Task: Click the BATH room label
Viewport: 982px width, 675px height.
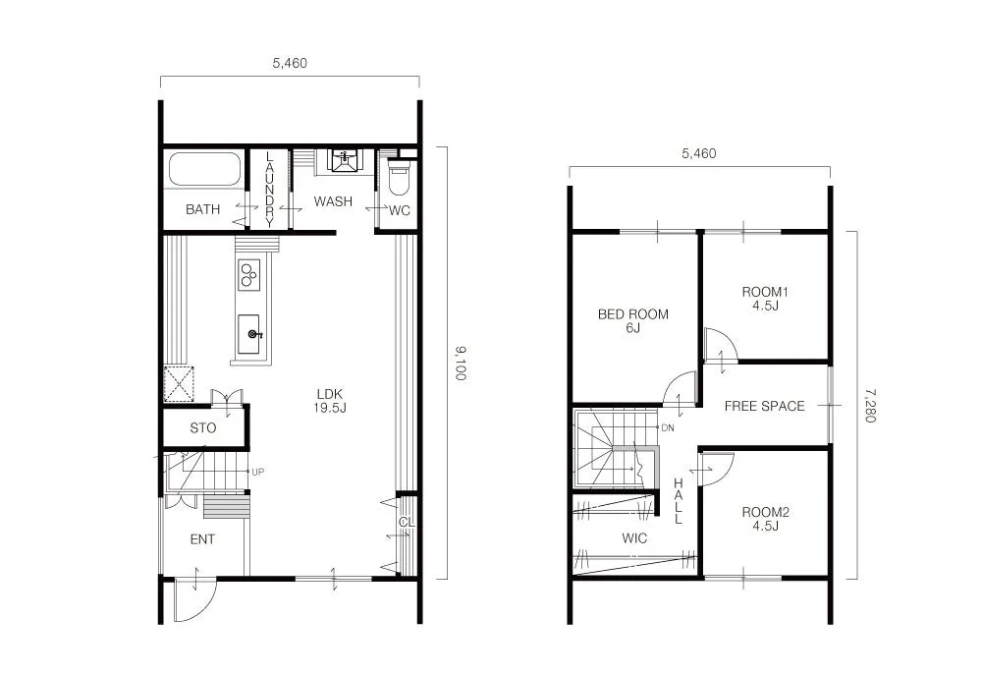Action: [x=203, y=209]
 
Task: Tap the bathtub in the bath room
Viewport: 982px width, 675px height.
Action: [x=204, y=169]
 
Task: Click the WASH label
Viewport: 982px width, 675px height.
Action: [x=333, y=202]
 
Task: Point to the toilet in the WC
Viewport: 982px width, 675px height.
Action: [x=399, y=180]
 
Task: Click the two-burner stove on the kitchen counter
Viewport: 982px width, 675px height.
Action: [x=247, y=274]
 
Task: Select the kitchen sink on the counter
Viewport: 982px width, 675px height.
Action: [x=249, y=334]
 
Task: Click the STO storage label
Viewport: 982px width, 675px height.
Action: [x=202, y=428]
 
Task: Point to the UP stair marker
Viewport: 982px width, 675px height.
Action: [x=258, y=472]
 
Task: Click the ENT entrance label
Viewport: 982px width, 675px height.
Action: [x=201, y=539]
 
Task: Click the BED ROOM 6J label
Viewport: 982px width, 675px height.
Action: [x=632, y=321]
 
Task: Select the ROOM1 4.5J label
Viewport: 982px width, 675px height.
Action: [x=765, y=299]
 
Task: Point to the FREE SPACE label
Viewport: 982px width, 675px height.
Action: [x=764, y=406]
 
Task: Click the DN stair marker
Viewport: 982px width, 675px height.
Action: [x=667, y=427]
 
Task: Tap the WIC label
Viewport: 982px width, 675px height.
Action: [x=634, y=538]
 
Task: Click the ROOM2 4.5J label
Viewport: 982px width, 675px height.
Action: [x=765, y=519]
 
